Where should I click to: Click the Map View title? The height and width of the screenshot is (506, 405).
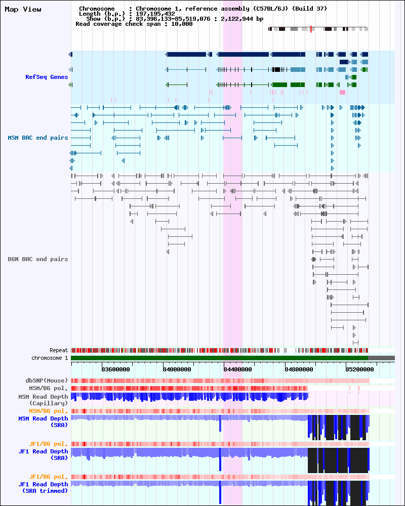click(23, 9)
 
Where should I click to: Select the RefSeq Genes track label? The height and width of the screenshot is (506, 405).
click(47, 77)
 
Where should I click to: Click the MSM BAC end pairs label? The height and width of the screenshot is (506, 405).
click(38, 138)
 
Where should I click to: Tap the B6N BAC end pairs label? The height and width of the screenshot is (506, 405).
click(38, 259)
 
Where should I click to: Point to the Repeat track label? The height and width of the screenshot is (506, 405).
click(59, 350)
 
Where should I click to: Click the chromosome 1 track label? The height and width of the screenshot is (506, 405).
click(50, 358)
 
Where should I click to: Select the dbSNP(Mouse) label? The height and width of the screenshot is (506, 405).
click(47, 381)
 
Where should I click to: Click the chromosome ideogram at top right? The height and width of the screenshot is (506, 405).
click(318, 29)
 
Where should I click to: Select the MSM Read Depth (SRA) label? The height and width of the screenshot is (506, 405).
click(43, 421)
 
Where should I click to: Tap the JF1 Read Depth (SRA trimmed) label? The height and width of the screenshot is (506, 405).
click(43, 487)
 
